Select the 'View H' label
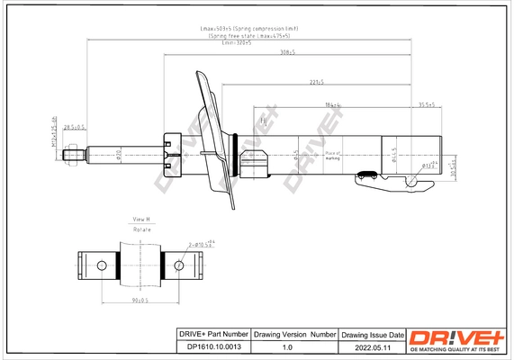142,220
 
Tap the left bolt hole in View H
103,265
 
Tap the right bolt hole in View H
180,265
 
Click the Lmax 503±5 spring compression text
249,29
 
